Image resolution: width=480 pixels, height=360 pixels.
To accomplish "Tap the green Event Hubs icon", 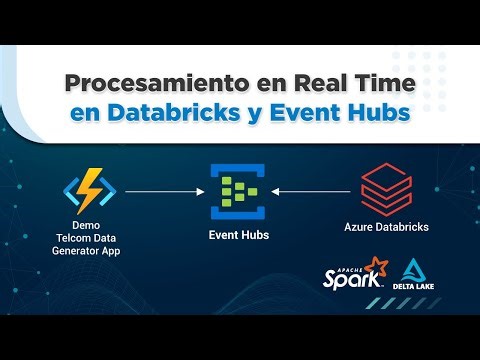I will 239,190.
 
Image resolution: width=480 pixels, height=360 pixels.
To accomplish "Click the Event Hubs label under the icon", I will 239,236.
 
